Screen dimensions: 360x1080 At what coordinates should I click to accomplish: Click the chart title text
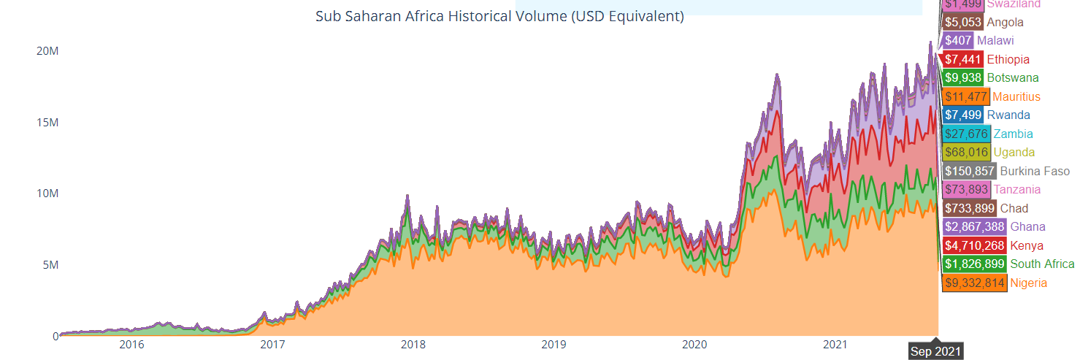(x=499, y=16)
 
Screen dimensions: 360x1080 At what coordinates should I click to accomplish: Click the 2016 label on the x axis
(x=131, y=344)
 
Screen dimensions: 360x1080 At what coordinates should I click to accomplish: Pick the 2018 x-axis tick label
(x=413, y=344)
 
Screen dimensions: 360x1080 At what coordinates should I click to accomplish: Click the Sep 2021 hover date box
(x=936, y=351)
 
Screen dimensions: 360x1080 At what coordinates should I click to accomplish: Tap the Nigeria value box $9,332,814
(x=975, y=283)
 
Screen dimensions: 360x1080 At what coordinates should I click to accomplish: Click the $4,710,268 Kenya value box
(x=975, y=245)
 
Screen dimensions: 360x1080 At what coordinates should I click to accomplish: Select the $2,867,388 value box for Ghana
(x=975, y=226)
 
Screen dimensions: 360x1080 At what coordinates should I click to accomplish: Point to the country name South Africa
(x=1042, y=264)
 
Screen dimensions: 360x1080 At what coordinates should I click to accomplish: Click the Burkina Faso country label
(x=1035, y=171)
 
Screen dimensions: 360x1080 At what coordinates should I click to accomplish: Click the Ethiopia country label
(x=1008, y=59)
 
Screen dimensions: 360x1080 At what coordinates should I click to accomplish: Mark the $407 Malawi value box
(x=958, y=41)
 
